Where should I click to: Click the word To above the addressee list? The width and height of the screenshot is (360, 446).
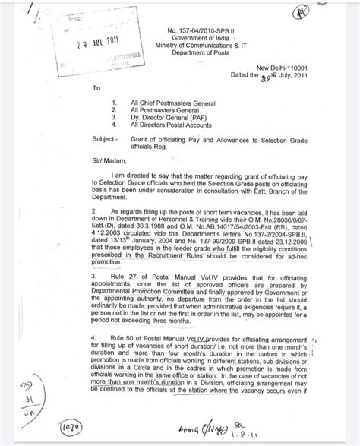coord(96,88)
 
